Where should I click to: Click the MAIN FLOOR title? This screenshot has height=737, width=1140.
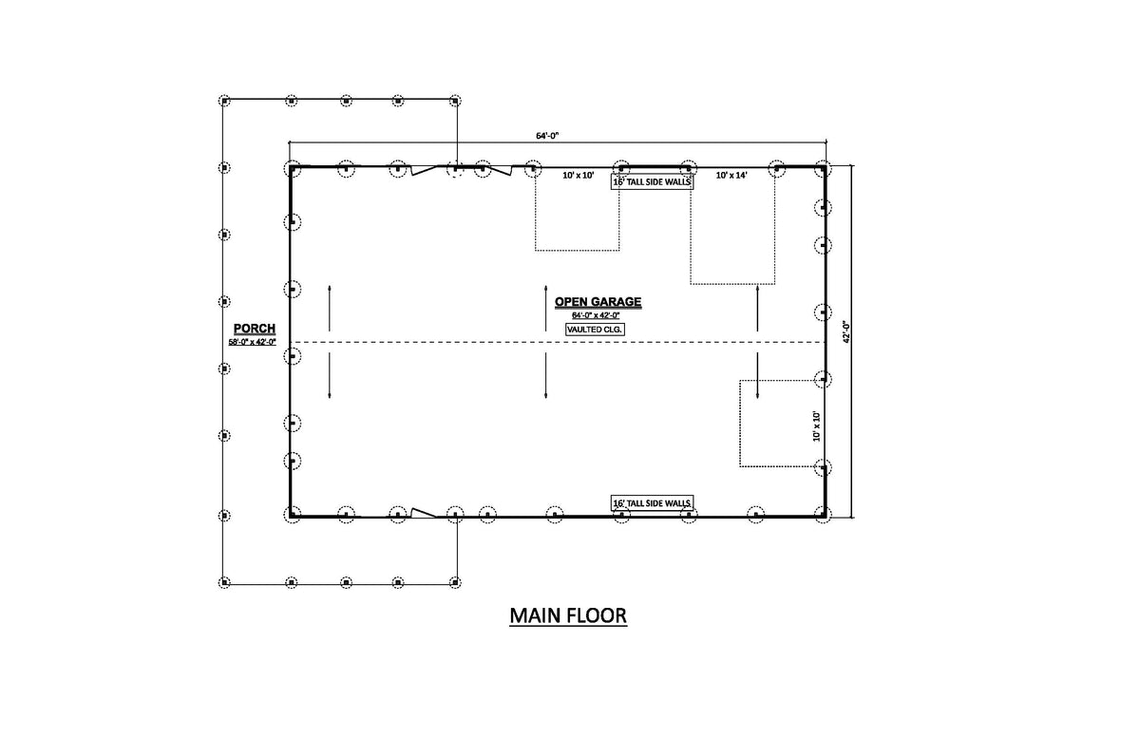point(568,615)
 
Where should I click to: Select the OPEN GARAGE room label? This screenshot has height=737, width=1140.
point(598,302)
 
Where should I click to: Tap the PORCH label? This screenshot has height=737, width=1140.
point(255,329)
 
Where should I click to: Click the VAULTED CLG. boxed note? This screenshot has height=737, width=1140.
point(596,330)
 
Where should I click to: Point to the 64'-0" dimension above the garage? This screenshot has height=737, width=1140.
point(547,136)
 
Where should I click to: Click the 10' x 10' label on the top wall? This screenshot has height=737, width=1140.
point(578,176)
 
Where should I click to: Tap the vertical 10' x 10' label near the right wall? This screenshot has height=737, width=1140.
point(816,426)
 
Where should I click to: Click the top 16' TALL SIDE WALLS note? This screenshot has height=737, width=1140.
point(652,181)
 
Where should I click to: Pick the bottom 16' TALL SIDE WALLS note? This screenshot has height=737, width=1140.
point(652,502)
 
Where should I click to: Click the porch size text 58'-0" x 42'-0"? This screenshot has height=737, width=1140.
point(252,342)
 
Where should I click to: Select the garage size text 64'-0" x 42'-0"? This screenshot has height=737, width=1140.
point(596,315)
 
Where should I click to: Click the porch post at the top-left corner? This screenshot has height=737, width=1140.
point(225,100)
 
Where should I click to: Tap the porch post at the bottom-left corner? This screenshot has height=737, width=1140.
point(225,581)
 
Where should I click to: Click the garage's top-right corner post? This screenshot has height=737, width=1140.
point(823,169)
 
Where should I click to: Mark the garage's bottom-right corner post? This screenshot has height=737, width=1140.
point(823,514)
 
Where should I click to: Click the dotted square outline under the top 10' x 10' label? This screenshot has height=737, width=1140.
point(578,213)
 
